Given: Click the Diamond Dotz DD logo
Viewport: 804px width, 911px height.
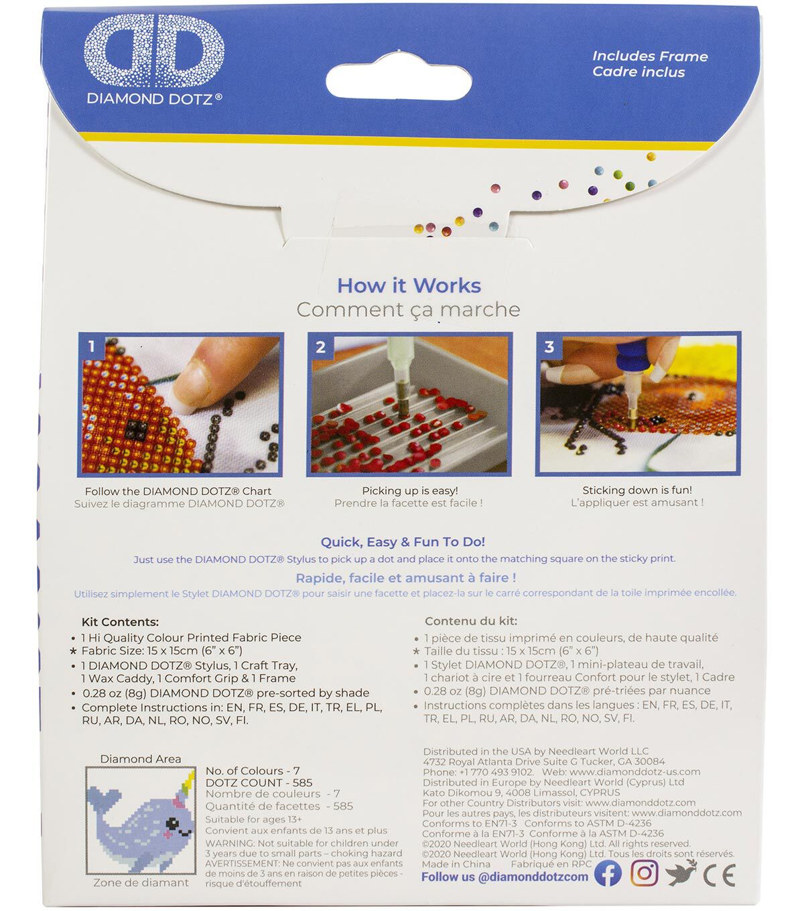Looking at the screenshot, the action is point(154,50).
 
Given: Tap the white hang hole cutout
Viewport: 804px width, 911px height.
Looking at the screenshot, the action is point(399,78).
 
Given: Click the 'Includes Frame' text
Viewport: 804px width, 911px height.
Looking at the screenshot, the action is point(650,56).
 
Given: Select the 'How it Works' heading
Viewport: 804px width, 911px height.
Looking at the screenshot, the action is point(409,285).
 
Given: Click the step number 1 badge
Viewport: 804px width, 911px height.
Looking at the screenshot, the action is point(92,346).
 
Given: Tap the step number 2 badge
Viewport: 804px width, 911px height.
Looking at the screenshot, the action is point(320,347).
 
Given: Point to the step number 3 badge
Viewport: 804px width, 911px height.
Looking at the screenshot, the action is point(549,347).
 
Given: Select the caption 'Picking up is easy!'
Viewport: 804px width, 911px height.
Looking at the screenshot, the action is point(409,490).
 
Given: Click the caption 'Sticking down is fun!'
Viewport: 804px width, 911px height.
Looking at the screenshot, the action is point(637,490).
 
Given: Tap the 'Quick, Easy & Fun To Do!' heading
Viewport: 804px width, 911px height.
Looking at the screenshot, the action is point(403,542).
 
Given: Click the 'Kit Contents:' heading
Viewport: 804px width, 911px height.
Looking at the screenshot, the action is point(120,622).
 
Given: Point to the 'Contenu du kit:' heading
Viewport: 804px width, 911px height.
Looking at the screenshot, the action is point(471,621).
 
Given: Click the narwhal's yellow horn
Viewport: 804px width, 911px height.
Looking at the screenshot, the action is point(190,782).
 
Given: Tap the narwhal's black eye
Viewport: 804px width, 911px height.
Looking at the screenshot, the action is point(172,824).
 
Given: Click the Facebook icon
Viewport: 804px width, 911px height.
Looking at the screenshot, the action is point(608,873).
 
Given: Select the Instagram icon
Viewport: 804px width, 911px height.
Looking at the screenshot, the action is point(644,873).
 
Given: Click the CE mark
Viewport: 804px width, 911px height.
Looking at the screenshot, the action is point(719,875).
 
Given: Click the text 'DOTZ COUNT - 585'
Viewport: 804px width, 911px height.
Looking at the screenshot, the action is point(259,782).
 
